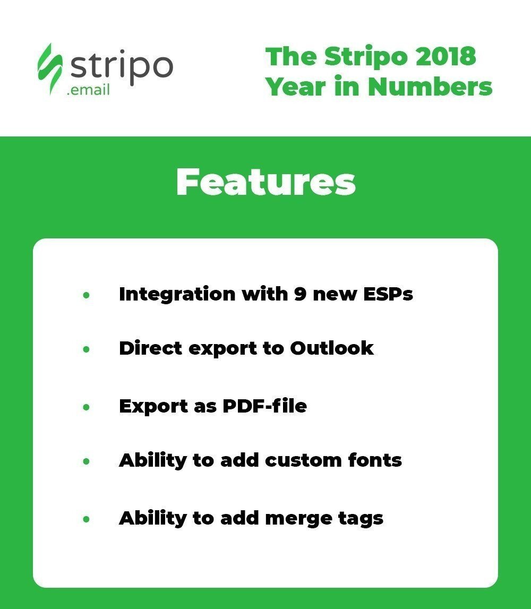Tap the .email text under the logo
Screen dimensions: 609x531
89,90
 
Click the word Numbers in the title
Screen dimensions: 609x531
430,87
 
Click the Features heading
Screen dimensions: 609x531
265,183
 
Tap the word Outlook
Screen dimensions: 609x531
331,348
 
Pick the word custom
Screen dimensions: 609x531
302,460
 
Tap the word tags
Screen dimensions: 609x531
361,519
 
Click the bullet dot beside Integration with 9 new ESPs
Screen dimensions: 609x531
86,295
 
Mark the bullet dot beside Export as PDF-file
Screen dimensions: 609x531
86,407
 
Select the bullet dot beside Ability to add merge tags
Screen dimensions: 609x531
86,519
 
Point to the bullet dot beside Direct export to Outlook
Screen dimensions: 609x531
86,349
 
